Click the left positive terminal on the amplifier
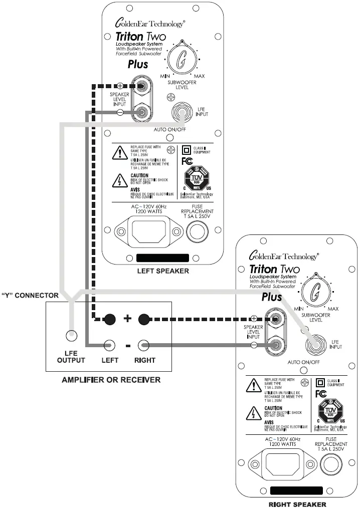(110, 319)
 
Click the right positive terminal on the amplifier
(144, 319)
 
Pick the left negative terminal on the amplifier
(110, 345)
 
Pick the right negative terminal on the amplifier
(144, 345)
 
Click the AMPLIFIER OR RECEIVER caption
(111, 380)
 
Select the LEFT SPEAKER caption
(163, 271)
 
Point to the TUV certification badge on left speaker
(197, 179)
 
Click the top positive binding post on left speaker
(141, 87)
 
